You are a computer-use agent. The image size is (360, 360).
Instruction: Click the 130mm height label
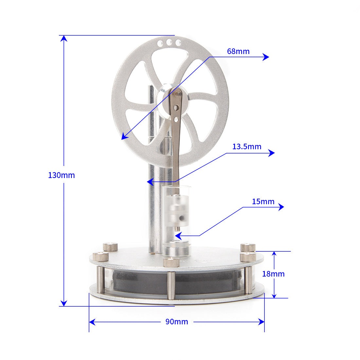coord(62,175)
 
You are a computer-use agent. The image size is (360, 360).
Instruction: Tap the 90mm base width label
coord(176,322)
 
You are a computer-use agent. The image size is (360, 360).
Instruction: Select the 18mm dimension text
coord(273,274)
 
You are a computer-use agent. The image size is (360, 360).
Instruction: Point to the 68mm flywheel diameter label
coord(238,51)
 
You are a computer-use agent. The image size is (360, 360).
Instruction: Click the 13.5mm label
coord(247,147)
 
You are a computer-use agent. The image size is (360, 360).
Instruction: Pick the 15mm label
coord(263,202)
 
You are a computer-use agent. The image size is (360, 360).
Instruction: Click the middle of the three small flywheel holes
coord(169,43)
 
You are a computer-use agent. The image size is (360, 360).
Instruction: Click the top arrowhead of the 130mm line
coord(64,38)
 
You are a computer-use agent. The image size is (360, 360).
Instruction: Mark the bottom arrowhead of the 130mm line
coord(64,303)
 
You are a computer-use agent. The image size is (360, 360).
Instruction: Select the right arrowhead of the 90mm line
coord(261,322)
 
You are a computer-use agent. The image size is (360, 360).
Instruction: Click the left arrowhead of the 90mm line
coord(92,322)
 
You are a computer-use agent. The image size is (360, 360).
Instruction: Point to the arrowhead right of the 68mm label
coord(266,57)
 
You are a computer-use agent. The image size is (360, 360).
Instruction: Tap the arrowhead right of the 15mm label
coord(281,207)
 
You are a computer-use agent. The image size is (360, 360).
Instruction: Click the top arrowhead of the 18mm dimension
coord(274,254)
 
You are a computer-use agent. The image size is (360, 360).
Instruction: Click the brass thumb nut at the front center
coord(171,262)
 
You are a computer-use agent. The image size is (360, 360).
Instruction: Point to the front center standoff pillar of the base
coord(171,285)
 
